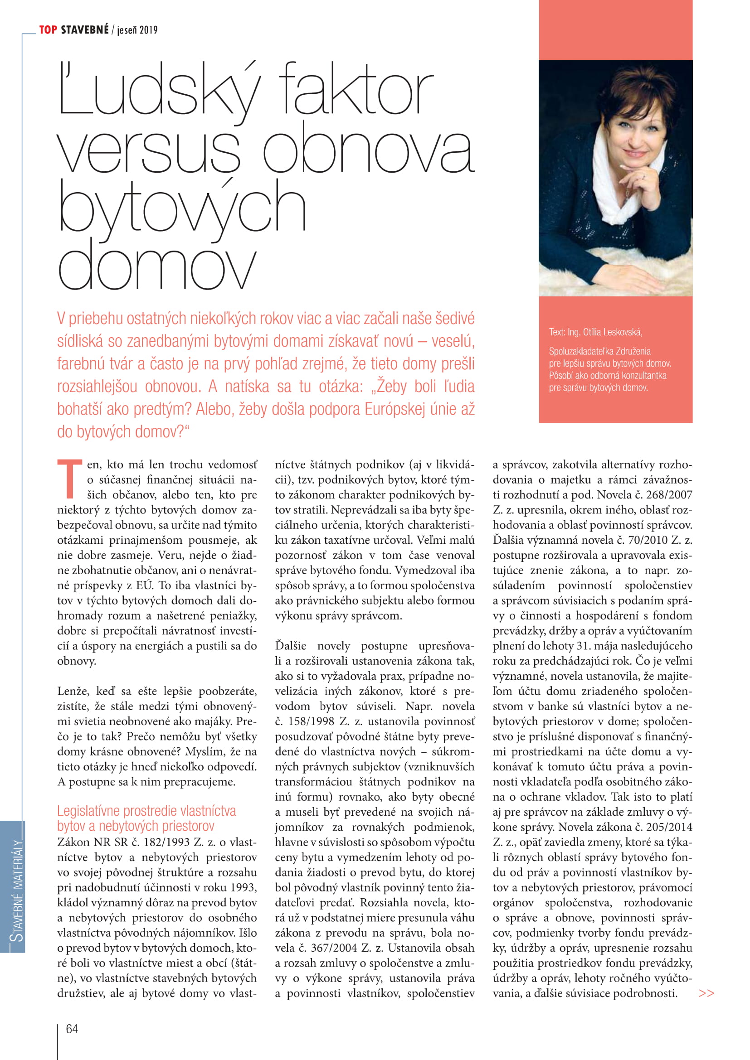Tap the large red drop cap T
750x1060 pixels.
coord(69,479)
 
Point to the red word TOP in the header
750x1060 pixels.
coord(48,30)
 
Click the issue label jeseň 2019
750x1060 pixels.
coord(137,30)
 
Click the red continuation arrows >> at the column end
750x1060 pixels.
coord(706,993)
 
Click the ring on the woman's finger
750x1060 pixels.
coord(644,176)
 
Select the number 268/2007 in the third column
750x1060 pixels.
coord(669,494)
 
